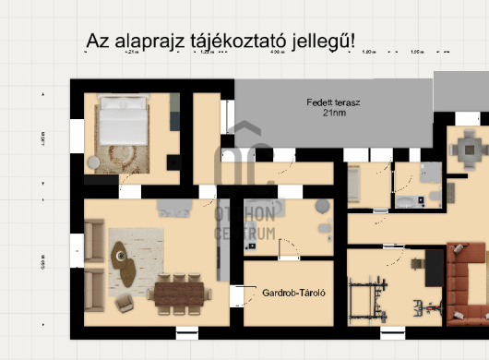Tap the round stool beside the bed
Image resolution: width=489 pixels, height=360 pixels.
point(94,162)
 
